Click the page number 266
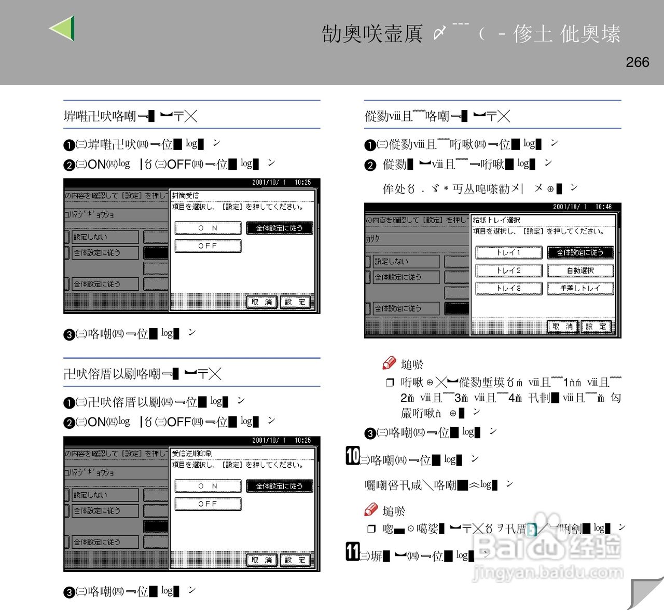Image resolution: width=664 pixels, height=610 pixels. click(x=637, y=62)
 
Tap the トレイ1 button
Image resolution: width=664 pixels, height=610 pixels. click(x=508, y=253)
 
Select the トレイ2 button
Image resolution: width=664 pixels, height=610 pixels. click(x=508, y=270)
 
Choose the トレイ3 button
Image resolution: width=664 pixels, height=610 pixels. click(x=508, y=288)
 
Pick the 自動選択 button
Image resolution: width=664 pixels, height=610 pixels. click(x=580, y=270)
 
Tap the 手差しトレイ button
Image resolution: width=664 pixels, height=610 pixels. click(x=580, y=288)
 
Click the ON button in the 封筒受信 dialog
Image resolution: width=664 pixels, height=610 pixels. click(x=208, y=228)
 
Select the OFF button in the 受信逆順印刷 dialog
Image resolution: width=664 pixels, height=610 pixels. click(x=208, y=504)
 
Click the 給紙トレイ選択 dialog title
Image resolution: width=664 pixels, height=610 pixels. click(x=496, y=220)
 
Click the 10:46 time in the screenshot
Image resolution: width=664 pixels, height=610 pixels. click(x=603, y=207)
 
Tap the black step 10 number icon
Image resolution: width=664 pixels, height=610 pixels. click(x=353, y=456)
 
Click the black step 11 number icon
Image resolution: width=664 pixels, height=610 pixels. click(x=353, y=551)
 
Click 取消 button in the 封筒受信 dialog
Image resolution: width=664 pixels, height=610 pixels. click(x=261, y=302)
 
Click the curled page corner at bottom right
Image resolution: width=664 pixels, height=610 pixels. click(x=646, y=592)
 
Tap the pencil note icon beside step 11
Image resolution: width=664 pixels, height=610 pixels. click(x=371, y=510)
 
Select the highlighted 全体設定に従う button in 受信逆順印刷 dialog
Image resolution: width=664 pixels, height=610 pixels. click(x=279, y=486)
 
